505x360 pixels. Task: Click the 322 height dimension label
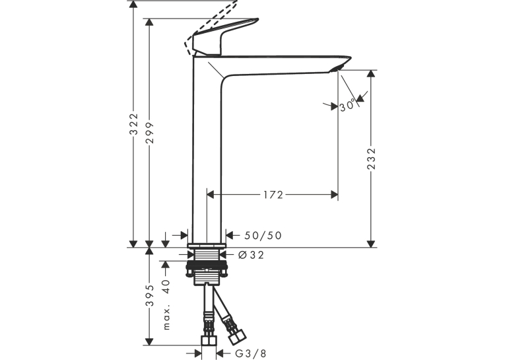133,124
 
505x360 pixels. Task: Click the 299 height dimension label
150,133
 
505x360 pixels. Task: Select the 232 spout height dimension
372,159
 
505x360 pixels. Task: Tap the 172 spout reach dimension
273,195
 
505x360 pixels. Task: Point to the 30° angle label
348,106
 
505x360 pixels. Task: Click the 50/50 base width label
263,236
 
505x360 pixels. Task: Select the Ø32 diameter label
252,255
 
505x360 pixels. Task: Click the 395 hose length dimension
150,295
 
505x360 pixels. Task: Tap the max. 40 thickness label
166,305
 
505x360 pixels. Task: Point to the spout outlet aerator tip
337,67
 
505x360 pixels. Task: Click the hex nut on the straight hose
209,341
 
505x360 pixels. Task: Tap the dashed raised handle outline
209,26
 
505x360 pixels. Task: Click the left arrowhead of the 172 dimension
211,195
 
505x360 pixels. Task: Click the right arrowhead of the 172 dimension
334,195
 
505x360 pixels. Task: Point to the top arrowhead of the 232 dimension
372,73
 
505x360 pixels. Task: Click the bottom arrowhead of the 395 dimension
149,342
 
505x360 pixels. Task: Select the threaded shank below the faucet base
207,254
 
